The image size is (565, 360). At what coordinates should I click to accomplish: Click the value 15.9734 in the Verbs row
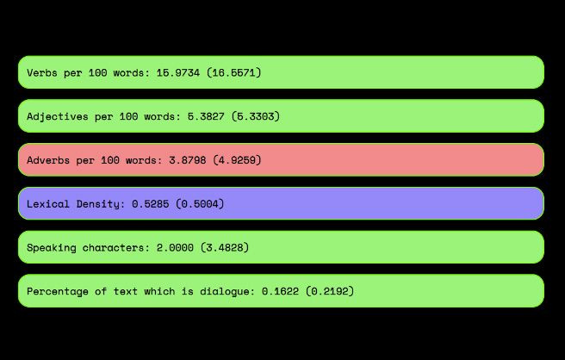coord(178,73)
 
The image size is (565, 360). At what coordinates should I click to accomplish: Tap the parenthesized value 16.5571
coord(234,73)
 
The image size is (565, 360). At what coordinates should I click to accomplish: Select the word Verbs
coord(42,73)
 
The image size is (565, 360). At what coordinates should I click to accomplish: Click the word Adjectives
coord(58,117)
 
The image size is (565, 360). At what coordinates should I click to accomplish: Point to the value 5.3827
coord(206,116)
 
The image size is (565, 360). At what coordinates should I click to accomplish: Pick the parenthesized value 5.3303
coord(256,116)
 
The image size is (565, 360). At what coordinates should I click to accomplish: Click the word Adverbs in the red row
coord(48,160)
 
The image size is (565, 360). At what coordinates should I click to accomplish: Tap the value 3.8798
coord(188,160)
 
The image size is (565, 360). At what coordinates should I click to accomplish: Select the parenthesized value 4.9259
coord(237,160)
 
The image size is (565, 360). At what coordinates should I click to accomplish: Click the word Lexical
coord(48,204)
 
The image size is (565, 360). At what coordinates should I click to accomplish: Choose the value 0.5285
coord(150,204)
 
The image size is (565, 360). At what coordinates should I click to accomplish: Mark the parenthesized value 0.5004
coord(200,204)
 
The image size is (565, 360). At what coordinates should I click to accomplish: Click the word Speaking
coord(51,248)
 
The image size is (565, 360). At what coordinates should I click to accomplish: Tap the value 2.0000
coord(175,247)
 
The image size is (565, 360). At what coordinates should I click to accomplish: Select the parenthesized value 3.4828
coord(225,247)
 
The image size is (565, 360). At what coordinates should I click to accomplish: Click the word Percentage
coord(58,292)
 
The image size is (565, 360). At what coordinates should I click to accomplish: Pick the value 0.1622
coord(280,291)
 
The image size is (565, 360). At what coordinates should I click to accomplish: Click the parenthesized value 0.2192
coord(330,291)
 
